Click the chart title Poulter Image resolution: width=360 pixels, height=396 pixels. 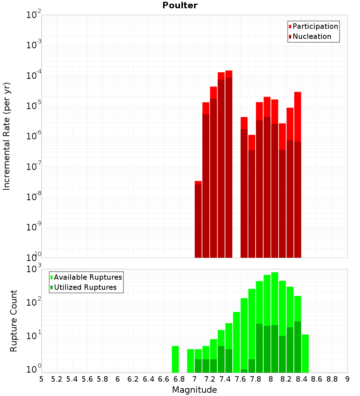[180, 5]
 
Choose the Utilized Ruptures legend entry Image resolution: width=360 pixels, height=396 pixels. [85, 287]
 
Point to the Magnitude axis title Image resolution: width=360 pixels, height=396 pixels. [194, 390]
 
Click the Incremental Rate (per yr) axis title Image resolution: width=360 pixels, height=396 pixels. [6, 136]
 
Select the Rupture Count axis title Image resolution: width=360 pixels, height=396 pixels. [14, 320]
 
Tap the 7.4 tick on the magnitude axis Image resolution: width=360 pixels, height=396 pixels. [225, 379]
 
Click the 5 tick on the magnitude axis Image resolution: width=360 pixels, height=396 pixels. [41, 379]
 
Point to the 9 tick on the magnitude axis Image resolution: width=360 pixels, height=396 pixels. [347, 379]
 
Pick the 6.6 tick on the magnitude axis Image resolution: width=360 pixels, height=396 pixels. [164, 379]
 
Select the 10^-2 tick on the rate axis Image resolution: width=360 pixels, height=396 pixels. [34, 15]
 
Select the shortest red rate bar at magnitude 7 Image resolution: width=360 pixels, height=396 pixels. [198, 220]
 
